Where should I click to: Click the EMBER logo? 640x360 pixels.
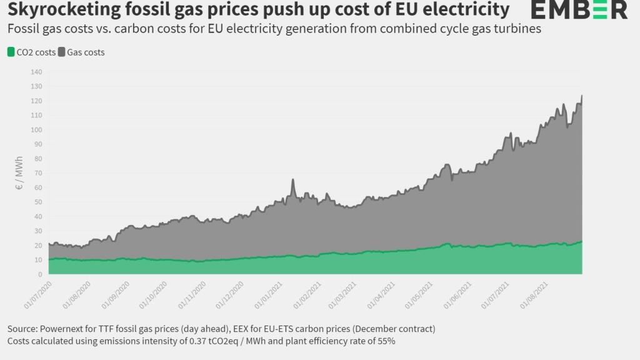[579, 10]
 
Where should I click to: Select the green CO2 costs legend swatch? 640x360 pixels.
[11, 52]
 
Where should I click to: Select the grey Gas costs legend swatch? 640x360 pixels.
[61, 52]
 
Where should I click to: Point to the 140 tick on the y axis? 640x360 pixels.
[36, 72]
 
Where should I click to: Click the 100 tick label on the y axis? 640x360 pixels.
[36, 130]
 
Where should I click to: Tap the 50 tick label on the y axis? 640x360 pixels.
[38, 202]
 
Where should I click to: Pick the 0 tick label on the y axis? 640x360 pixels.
[40, 274]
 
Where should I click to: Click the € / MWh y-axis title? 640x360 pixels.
[19, 173]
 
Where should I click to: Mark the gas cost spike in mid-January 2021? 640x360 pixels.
[292, 180]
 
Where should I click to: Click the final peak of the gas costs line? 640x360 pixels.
[582, 96]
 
